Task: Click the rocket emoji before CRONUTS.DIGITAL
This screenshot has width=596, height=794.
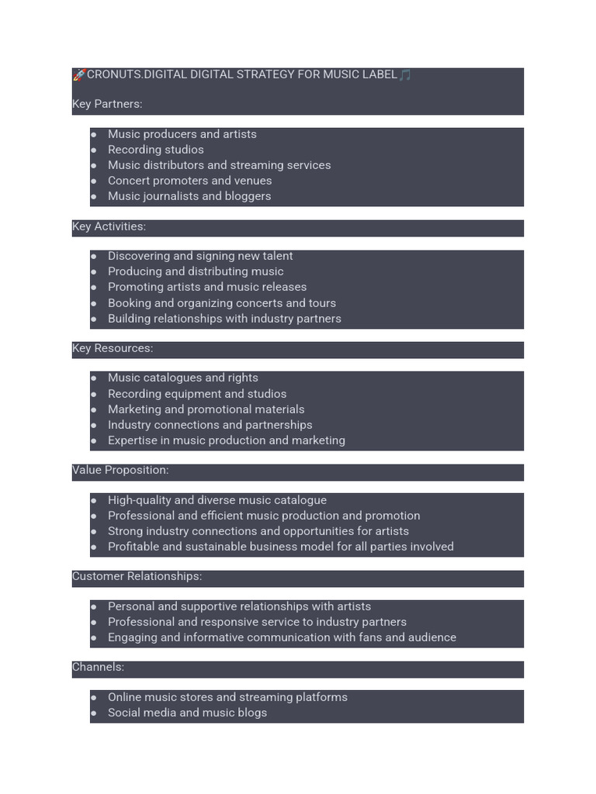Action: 79,75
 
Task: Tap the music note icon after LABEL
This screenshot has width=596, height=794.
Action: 405,75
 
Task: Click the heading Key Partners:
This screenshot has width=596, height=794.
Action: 107,104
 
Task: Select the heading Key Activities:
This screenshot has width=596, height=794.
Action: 109,226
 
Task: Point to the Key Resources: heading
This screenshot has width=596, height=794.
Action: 113,348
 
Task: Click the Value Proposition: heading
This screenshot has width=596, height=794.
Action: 120,470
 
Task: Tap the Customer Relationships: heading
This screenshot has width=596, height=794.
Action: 137,576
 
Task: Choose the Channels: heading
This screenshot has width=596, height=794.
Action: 98,667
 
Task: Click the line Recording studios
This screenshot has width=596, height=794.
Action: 155,150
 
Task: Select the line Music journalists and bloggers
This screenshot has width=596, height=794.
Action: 189,196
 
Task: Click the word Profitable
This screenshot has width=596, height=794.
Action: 133,547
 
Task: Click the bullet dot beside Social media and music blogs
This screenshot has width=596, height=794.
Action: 94,713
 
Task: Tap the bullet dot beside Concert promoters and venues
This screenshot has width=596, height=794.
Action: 94,181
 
